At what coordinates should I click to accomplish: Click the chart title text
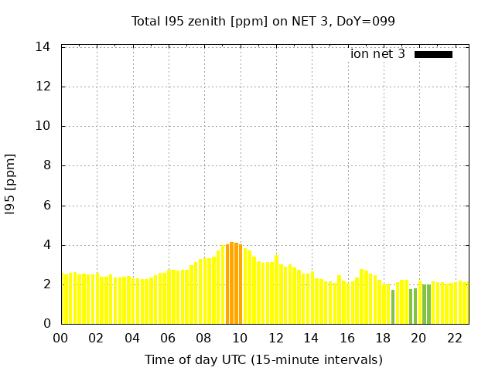click(x=263, y=21)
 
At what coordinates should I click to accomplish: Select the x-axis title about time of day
click(x=263, y=359)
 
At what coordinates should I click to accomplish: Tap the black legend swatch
click(x=433, y=54)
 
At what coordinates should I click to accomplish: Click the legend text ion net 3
click(x=377, y=54)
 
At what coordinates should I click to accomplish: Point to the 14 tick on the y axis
click(x=44, y=47)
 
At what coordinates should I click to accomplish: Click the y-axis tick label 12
click(x=44, y=87)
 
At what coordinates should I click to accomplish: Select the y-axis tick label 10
click(x=44, y=126)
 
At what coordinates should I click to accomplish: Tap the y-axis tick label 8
click(x=47, y=165)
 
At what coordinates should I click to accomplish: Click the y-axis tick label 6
click(x=47, y=206)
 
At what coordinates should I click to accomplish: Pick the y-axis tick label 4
click(x=47, y=245)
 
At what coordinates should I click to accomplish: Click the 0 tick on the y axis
click(x=47, y=324)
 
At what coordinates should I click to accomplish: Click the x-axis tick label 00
click(x=60, y=338)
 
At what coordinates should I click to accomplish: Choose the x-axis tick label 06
click(x=168, y=338)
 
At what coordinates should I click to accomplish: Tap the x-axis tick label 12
click(x=275, y=338)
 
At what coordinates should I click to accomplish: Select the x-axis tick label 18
click(x=383, y=338)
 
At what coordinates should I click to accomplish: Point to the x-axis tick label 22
click(x=455, y=338)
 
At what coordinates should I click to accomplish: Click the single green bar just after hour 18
click(x=393, y=307)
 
